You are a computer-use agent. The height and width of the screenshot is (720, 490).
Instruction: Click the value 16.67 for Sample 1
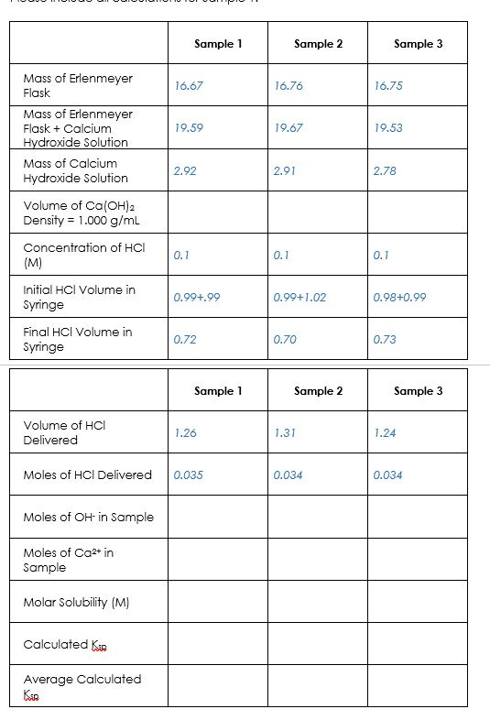coord(188,85)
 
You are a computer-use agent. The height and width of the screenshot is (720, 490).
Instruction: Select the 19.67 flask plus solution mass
coord(289,128)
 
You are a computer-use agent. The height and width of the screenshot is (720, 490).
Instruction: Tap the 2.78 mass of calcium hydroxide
coord(387,170)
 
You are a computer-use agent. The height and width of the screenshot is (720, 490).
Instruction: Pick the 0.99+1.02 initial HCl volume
coord(299,297)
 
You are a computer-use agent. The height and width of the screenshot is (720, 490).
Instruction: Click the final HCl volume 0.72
coord(186,340)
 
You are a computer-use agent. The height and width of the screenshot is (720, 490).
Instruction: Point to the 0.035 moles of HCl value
coord(188,475)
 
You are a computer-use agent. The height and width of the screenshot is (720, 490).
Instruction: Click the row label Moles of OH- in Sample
coord(88,517)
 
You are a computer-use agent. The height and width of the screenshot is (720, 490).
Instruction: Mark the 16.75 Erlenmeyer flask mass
coord(388,85)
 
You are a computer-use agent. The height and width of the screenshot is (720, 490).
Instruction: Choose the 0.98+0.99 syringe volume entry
coord(399,297)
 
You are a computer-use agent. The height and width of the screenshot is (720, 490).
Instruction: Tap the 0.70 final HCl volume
coord(285,340)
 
